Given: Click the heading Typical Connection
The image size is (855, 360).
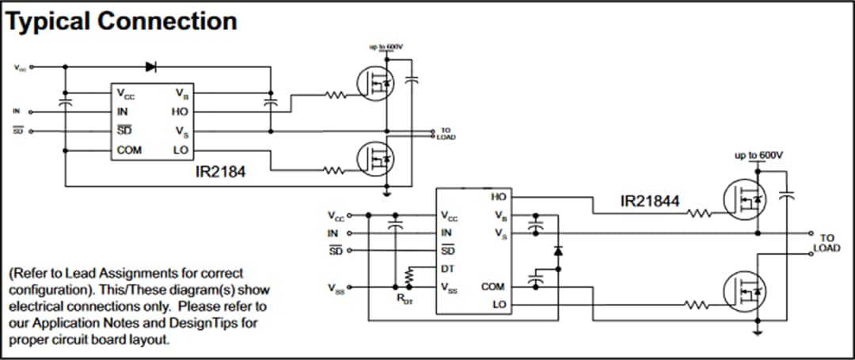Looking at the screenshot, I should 122,21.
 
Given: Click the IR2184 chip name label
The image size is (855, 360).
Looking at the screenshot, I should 222,169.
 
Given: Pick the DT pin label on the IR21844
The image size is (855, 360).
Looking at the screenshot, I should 448,269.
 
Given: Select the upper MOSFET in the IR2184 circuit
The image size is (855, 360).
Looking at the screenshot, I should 374,83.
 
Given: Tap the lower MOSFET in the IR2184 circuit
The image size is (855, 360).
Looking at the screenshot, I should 374,158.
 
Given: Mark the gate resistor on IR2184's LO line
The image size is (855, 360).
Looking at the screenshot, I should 333,169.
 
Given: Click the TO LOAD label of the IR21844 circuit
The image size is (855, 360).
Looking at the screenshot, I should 826,243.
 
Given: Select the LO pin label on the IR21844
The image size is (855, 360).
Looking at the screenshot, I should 498,304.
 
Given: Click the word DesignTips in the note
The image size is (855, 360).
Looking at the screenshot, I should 219,323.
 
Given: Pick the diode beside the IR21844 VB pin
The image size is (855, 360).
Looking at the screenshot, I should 558,251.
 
